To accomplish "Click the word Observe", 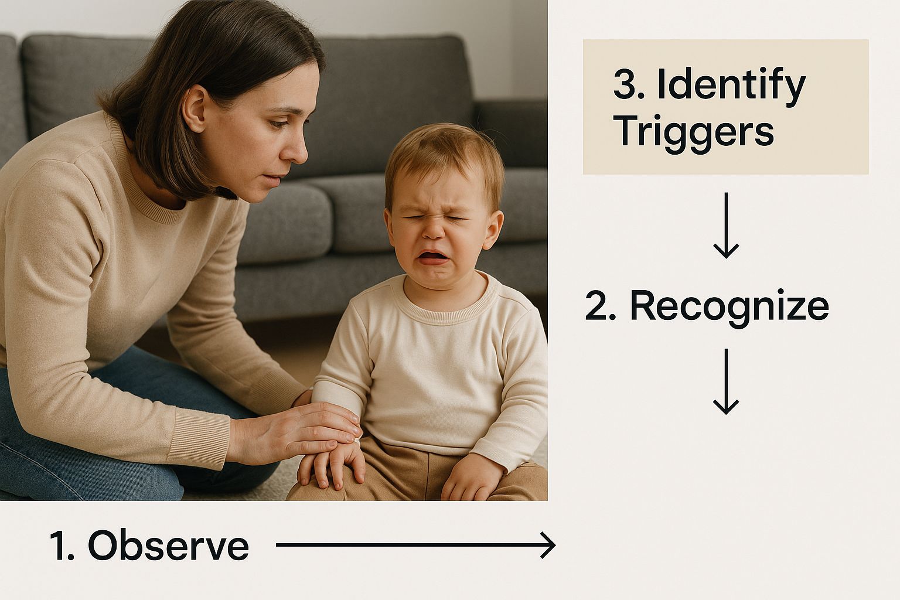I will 168,546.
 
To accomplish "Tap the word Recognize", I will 729,305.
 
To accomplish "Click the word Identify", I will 731,86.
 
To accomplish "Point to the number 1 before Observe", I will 60,546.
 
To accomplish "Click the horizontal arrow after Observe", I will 415,546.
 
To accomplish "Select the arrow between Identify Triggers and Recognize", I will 726,225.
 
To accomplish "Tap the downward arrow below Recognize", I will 726,381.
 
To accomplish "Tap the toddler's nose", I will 434,230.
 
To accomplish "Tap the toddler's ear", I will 494,230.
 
